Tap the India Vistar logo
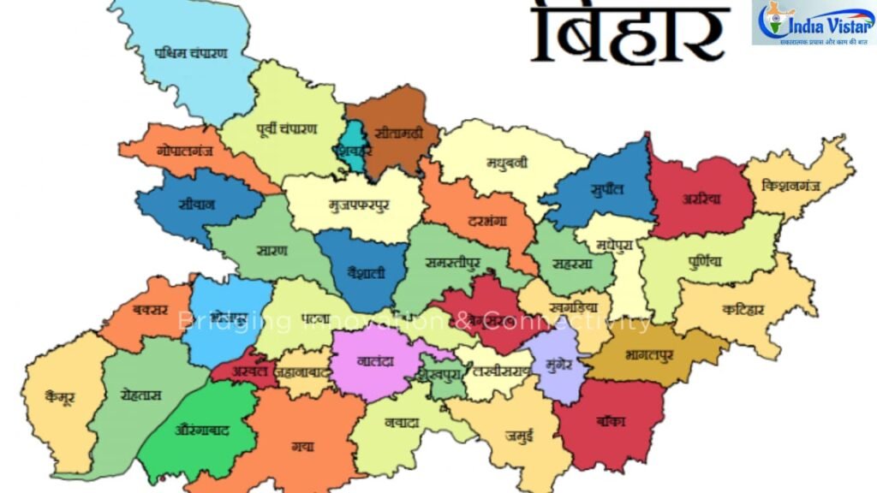pos(813,24)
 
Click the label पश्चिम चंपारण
pos(192,53)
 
